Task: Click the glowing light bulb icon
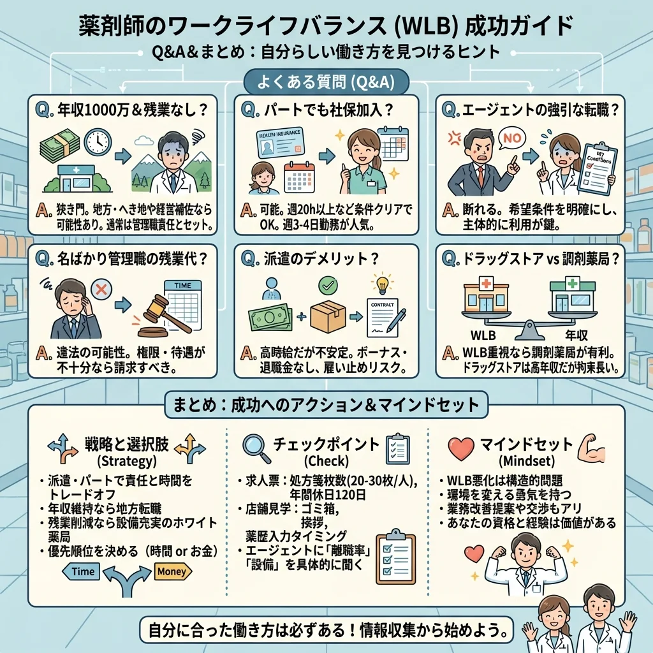click(x=383, y=282)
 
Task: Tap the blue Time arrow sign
click(x=84, y=571)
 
